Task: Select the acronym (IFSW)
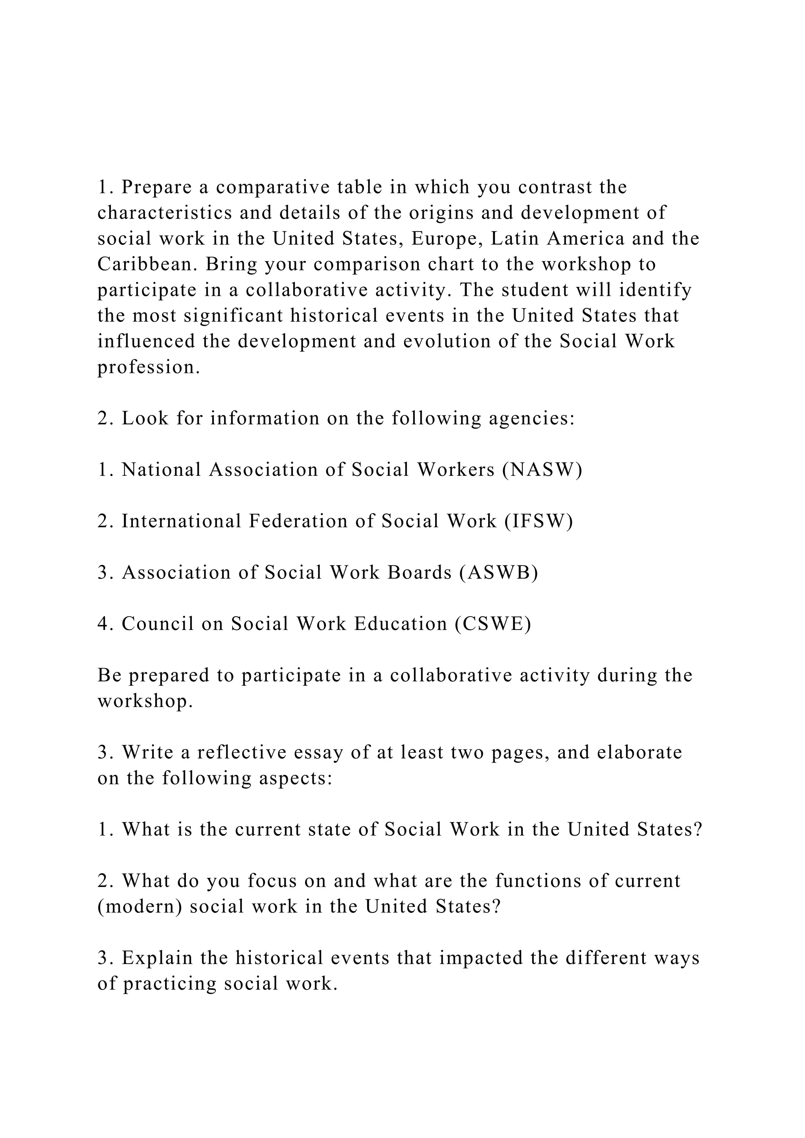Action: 539,521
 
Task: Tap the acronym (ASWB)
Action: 499,573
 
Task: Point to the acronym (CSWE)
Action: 493,624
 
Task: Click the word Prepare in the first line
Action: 157,187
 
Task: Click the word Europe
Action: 447,239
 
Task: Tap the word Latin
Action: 515,239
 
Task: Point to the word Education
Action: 401,624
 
